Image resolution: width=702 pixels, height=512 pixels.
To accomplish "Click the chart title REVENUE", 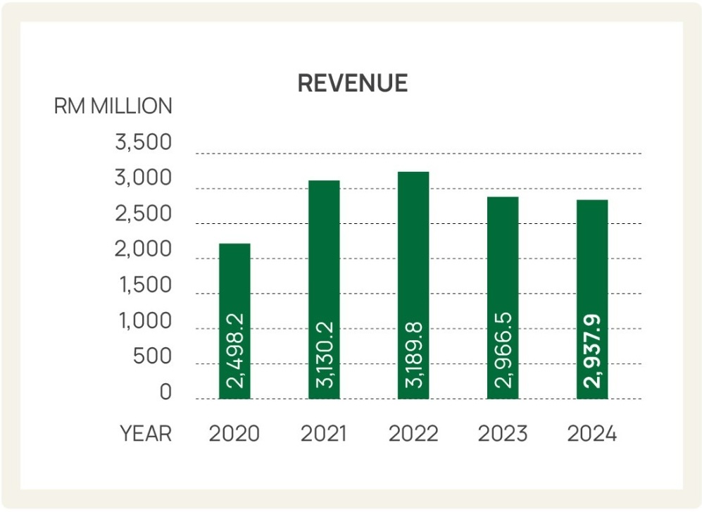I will [352, 83].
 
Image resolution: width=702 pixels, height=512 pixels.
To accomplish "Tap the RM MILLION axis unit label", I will [113, 106].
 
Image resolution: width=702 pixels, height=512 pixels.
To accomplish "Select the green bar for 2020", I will [234, 282].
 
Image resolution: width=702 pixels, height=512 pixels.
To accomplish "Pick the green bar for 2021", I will [324, 246].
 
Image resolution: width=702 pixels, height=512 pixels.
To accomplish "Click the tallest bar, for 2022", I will [413, 239].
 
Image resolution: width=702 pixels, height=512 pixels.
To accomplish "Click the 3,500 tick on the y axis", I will [143, 142].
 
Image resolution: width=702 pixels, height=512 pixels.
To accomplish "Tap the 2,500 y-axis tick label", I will [143, 214].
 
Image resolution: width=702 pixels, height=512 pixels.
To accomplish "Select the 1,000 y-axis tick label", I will [143, 321].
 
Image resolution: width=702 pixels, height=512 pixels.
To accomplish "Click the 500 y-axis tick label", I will [152, 357].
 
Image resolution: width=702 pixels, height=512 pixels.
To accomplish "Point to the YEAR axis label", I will [146, 434].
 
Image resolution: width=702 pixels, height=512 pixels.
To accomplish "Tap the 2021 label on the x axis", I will [324, 434].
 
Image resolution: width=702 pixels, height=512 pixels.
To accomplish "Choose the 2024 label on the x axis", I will [592, 434].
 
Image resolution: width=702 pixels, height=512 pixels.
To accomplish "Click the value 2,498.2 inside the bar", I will [235, 351].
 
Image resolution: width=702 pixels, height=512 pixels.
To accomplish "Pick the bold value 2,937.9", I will [593, 351].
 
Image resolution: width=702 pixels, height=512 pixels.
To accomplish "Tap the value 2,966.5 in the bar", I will [503, 351].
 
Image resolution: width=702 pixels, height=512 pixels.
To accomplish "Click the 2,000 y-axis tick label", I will [143, 250].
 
